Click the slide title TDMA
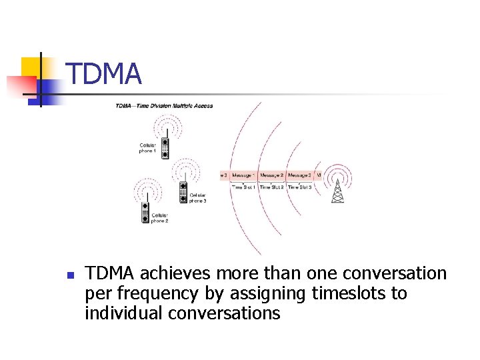tap(104, 73)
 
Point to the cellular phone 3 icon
tap(183, 192)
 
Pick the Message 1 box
tap(243, 175)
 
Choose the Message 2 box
tap(272, 175)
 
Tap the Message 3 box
tap(299, 175)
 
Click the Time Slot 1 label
tap(244, 187)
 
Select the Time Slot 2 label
tap(272, 187)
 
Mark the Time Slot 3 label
tap(300, 187)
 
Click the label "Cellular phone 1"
tap(147, 148)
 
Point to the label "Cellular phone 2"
tap(159, 218)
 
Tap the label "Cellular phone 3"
tap(197, 198)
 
